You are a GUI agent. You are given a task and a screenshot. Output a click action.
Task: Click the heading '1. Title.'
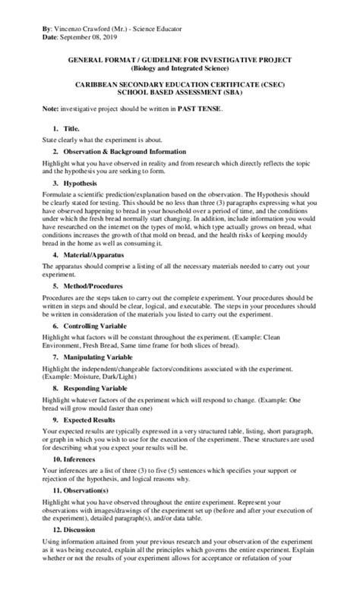pyautogui.click(x=66, y=130)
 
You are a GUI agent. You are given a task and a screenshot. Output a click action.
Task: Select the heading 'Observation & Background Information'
pyautogui.click(x=125, y=152)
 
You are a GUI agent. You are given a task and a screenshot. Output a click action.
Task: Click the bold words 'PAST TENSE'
pyautogui.click(x=200, y=109)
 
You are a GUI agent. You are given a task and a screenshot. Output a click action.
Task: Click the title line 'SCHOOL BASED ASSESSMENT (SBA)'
pyautogui.click(x=179, y=90)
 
